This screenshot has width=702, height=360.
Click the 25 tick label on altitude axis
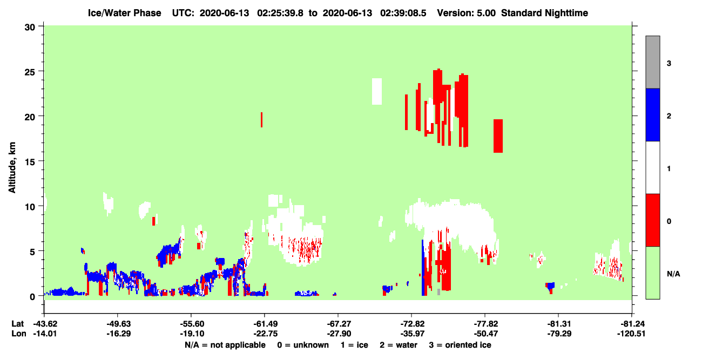[x=30, y=72]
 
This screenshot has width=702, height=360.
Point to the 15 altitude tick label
[x=30, y=162]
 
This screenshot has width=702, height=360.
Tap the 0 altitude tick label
[x=32, y=297]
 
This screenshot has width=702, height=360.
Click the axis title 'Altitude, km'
[x=12, y=168]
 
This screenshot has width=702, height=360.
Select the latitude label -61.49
[x=266, y=324]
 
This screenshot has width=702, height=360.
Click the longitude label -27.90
[x=339, y=334]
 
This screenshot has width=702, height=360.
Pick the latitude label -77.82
[x=486, y=324]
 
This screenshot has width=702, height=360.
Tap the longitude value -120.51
[x=631, y=334]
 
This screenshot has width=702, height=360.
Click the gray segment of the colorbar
[x=653, y=62]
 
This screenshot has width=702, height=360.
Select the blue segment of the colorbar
[x=653, y=114]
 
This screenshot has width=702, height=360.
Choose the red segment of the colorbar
[x=653, y=220]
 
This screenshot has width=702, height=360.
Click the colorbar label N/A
[x=673, y=274]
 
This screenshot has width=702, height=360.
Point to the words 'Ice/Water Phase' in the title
[x=124, y=13]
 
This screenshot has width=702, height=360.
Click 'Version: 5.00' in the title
[x=467, y=13]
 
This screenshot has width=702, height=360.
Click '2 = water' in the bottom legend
[x=399, y=345]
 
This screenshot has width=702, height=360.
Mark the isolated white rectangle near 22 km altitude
[x=377, y=92]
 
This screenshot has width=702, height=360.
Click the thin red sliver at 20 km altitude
[x=262, y=120]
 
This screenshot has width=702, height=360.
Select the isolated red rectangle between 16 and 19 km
[x=498, y=136]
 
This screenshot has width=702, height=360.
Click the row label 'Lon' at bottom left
[x=19, y=334]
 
